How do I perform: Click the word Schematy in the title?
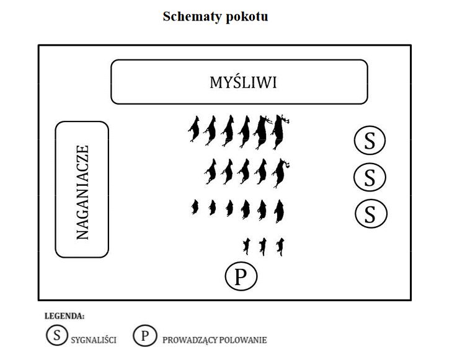click(192, 17)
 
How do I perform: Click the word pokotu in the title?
click(247, 16)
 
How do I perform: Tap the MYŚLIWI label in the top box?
click(243, 82)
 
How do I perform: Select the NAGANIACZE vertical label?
click(82, 192)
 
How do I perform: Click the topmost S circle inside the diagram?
click(370, 140)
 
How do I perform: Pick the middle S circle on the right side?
click(370, 177)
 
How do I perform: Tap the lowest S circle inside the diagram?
click(371, 213)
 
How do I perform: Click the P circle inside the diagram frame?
click(241, 276)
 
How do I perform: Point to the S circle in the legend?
click(57, 335)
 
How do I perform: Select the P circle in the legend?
click(145, 335)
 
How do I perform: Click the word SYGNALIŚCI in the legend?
click(94, 340)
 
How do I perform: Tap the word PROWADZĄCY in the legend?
click(190, 340)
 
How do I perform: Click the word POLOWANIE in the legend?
click(243, 340)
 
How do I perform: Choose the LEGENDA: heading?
click(64, 316)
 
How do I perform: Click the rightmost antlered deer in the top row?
click(280, 131)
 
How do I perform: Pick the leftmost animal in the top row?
click(194, 129)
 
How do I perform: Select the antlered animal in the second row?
click(280, 173)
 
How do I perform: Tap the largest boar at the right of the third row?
click(279, 211)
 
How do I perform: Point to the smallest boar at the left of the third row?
click(195, 207)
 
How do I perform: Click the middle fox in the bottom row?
click(263, 247)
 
